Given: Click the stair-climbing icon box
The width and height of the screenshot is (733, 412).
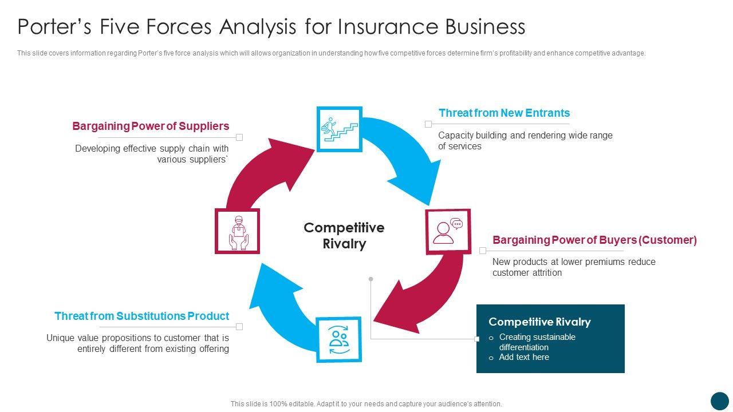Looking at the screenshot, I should (x=340, y=129).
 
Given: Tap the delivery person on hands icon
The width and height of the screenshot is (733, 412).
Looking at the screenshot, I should (x=237, y=231).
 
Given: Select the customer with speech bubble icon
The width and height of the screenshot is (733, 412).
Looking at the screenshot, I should (x=448, y=231).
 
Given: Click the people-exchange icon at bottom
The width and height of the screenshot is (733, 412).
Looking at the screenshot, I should (x=339, y=339).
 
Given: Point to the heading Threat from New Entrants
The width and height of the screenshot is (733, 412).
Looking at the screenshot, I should (x=504, y=113).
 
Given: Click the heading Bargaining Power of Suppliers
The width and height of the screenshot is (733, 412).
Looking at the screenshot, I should (x=151, y=126).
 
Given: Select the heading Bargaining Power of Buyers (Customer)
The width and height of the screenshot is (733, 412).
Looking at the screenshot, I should (x=594, y=240).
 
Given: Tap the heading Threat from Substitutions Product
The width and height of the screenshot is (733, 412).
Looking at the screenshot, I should (x=141, y=316).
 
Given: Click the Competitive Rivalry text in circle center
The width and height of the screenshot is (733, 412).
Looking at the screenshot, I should (x=344, y=236).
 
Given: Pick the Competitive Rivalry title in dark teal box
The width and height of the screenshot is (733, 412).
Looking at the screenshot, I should (x=539, y=322).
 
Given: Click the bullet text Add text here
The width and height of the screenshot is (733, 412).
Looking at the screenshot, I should (x=524, y=357).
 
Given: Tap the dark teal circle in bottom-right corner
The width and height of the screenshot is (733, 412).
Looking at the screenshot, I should (x=719, y=401).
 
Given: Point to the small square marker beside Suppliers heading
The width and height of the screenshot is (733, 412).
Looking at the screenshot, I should (x=240, y=137).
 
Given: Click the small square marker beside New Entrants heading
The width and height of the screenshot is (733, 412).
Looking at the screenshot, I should (x=428, y=124).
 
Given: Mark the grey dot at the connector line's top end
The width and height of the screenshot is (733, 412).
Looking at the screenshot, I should (x=371, y=279).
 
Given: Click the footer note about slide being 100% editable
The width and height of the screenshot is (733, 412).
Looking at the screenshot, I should (x=366, y=404).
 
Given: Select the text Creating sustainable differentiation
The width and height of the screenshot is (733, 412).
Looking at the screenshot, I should (x=537, y=342).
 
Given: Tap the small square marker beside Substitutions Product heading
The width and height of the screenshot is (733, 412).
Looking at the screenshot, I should (x=240, y=327).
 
